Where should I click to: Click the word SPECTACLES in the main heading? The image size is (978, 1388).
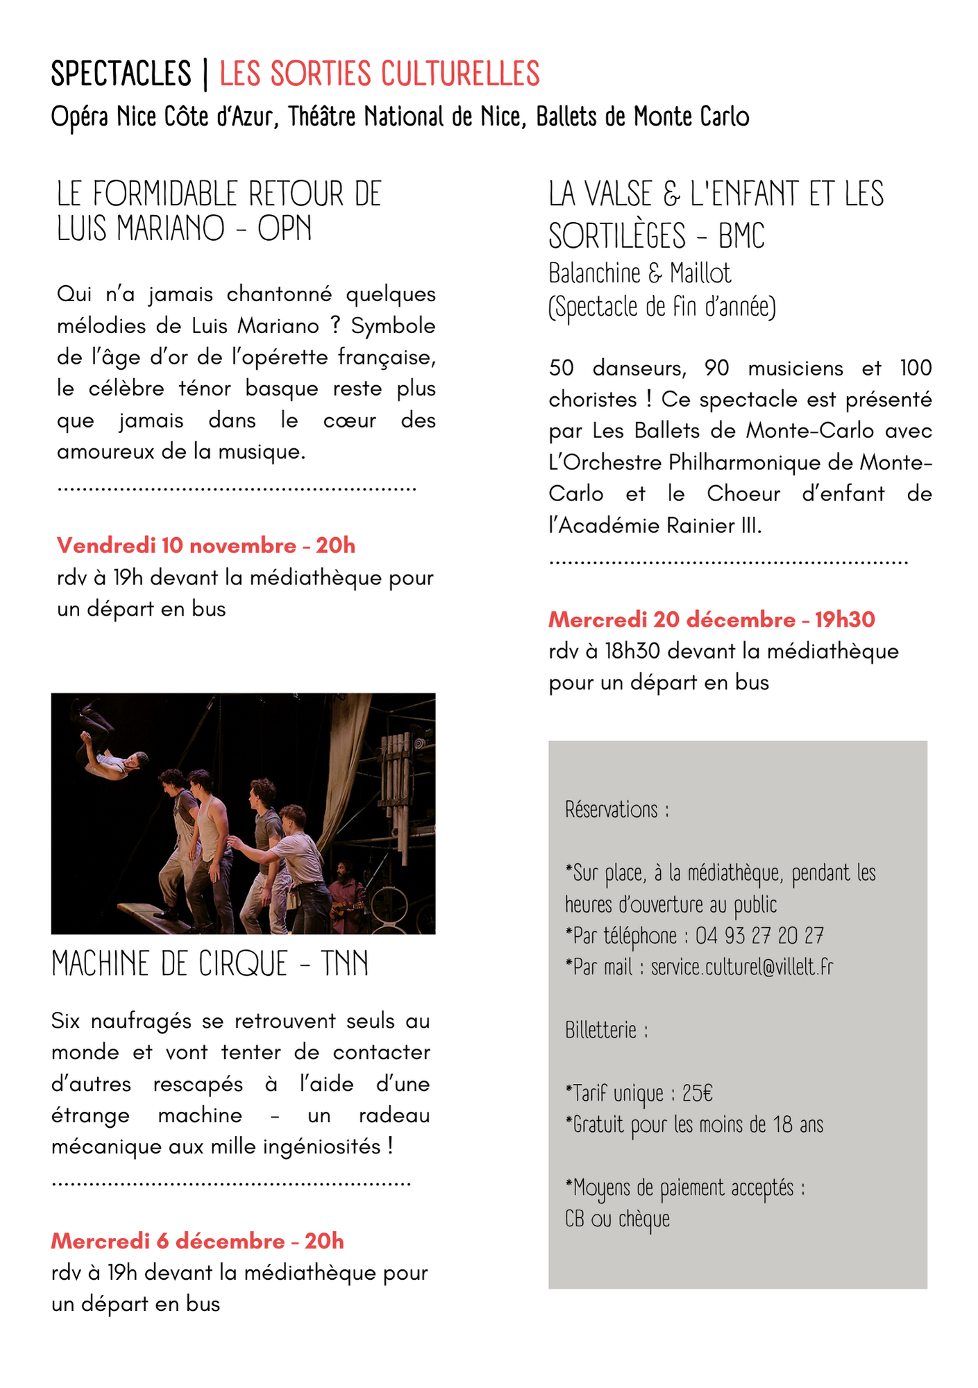tap(121, 74)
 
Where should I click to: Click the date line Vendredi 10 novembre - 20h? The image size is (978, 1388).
tap(206, 545)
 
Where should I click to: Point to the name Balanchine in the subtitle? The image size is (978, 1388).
tap(594, 273)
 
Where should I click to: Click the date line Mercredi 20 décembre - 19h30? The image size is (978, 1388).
tap(711, 619)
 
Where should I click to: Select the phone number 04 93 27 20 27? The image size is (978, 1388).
tap(759, 936)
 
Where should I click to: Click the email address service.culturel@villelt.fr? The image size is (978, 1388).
tap(741, 967)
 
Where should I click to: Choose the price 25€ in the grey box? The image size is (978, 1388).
tap(697, 1093)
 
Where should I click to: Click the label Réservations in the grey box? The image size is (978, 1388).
tap(612, 809)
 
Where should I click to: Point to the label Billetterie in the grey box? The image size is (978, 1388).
tap(601, 1030)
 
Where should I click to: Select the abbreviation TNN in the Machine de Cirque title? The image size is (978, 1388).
tap(344, 964)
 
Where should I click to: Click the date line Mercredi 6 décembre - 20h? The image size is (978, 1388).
tap(198, 1241)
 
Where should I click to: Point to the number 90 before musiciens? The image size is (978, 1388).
tap(716, 368)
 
